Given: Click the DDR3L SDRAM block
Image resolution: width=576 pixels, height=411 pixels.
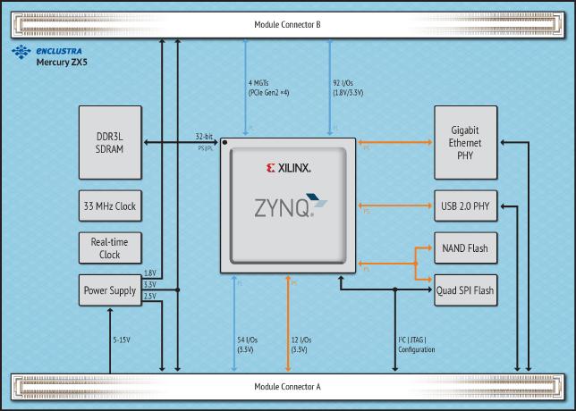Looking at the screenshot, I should [109, 142].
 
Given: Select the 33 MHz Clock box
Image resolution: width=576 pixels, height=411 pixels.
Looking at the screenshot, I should [109, 205].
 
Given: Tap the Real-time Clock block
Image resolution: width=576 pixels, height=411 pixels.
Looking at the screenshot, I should [109, 248].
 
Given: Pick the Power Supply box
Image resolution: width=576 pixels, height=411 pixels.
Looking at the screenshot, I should [109, 290].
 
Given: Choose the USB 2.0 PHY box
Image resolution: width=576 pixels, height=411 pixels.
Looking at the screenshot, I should [464, 206].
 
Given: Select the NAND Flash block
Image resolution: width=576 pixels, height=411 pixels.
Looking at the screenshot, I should [464, 248].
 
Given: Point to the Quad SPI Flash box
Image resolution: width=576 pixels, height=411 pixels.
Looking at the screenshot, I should [464, 290].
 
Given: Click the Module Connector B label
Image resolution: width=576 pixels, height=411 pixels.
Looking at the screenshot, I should [289, 24].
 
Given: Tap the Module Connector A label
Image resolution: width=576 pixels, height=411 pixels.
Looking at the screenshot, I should [288, 387].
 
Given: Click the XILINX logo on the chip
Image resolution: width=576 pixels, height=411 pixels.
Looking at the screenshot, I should [289, 167].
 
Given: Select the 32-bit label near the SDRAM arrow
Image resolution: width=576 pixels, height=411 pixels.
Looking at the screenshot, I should [204, 137].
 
